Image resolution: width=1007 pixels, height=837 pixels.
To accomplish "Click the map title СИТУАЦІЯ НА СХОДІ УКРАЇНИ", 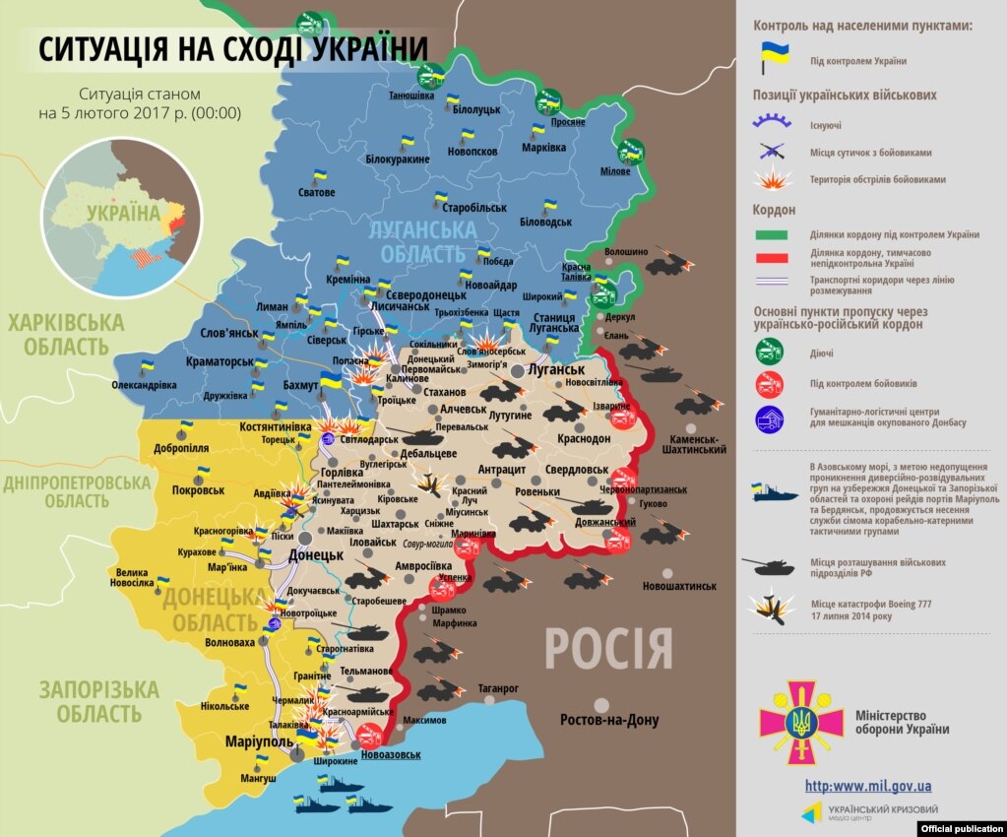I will pyautogui.click(x=234, y=49).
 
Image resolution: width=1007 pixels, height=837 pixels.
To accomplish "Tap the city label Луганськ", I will pyautogui.click(x=556, y=370).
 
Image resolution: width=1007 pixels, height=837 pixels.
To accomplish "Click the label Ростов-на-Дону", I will pyautogui.click(x=609, y=720).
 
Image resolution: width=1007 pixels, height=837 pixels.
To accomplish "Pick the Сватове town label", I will pyautogui.click(x=317, y=192).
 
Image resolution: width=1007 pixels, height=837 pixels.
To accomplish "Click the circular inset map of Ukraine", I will pyautogui.click(x=121, y=217).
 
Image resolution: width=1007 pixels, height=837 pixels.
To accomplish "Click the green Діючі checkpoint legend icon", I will pyautogui.click(x=769, y=353).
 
